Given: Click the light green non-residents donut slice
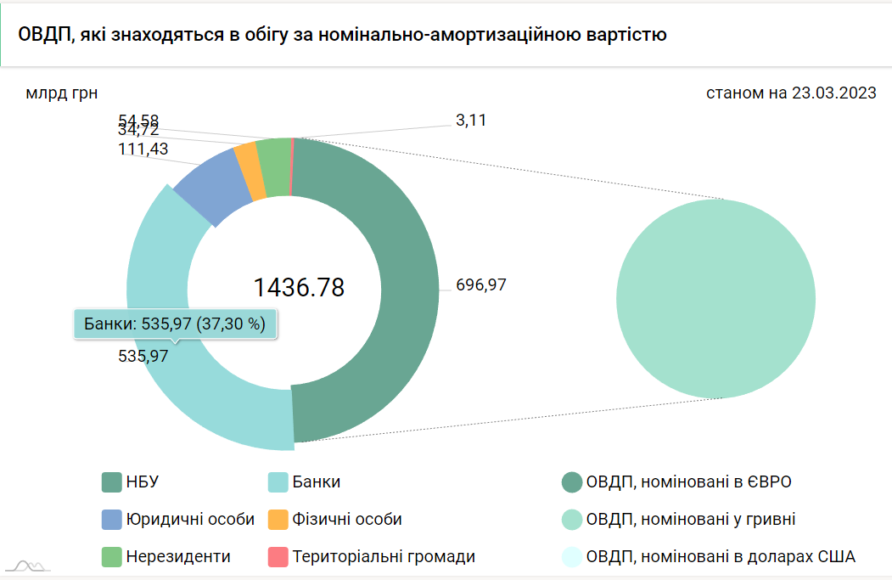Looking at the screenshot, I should [273, 166].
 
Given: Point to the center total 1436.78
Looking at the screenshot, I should [299, 287].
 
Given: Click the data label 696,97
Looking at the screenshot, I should [481, 285].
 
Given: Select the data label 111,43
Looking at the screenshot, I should [143, 149].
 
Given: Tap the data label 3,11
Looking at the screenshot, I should [471, 121].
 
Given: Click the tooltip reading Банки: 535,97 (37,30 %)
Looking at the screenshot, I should [175, 323].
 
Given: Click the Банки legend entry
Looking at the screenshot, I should [305, 482].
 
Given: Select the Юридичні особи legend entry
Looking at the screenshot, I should [178, 519].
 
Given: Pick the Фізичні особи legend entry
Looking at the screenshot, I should [334, 519].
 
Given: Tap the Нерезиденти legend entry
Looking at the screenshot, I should [166, 557].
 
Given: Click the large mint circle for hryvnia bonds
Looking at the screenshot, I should [715, 298].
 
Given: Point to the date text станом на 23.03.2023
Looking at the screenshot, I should [791, 93].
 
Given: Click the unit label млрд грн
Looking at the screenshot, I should [56, 93].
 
